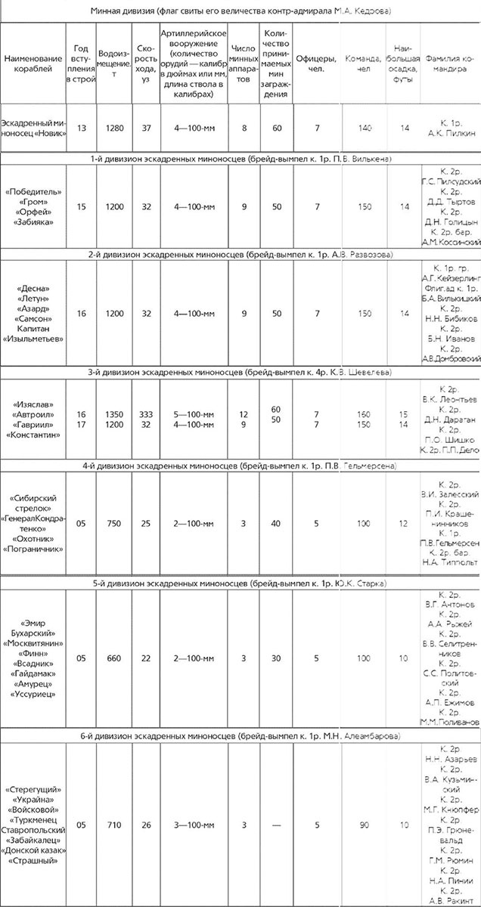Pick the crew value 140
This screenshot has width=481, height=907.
tap(365, 128)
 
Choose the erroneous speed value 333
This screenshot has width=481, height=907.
tap(147, 414)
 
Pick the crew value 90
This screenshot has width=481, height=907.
tap(365, 825)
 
